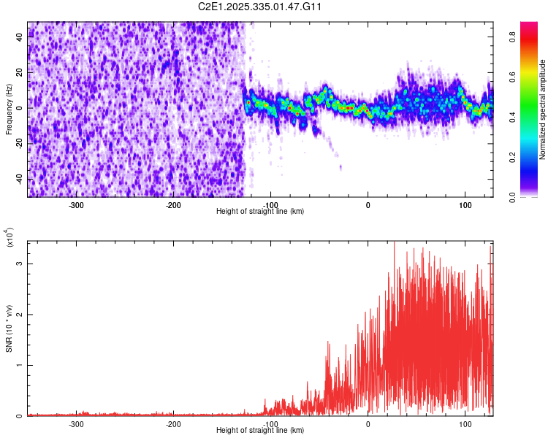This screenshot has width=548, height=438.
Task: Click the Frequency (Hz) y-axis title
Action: (x=9, y=109)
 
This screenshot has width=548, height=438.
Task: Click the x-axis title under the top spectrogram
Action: (x=260, y=211)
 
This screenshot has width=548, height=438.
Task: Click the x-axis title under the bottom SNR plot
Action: (x=260, y=430)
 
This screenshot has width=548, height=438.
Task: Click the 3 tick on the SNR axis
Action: (x=20, y=263)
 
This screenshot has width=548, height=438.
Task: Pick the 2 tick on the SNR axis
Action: (x=20, y=314)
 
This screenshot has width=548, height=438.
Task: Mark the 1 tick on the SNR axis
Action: (x=20, y=365)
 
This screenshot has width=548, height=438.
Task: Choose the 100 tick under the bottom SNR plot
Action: (x=465, y=424)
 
